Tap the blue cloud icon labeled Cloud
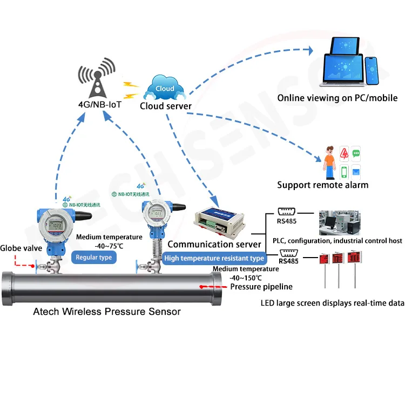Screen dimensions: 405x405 164,87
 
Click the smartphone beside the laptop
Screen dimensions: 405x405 373,72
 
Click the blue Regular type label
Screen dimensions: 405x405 93,258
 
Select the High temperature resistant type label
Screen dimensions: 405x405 214,258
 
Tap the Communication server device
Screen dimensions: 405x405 221,220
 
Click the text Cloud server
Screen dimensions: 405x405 166,106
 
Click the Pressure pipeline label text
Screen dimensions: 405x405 261,287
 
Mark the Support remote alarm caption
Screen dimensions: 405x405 322,185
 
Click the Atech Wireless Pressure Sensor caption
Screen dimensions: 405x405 107,312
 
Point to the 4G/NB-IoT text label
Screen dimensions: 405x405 100,104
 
